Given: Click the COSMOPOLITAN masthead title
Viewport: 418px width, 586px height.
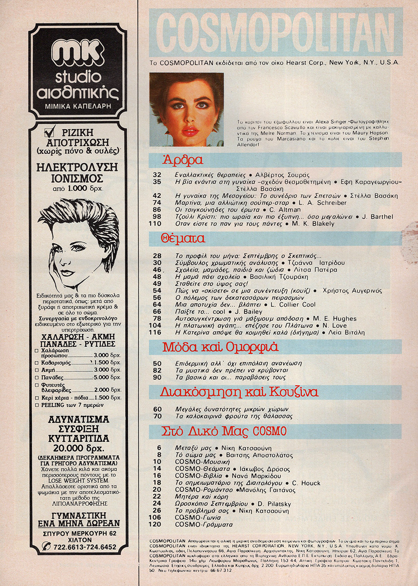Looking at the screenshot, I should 276,33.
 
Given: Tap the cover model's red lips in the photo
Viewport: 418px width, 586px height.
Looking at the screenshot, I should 189,131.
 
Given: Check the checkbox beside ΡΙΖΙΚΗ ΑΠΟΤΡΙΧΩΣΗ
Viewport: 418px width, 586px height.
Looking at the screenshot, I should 50,132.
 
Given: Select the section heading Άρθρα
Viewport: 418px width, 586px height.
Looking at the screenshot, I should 183,160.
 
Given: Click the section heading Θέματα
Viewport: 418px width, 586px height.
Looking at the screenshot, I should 183,238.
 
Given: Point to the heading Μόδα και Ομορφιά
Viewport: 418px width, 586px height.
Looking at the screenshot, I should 220,347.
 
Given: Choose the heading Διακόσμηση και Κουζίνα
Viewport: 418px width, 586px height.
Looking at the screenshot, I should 239,392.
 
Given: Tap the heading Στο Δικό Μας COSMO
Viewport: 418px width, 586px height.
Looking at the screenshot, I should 224,431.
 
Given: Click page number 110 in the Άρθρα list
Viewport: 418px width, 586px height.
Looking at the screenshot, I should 155,224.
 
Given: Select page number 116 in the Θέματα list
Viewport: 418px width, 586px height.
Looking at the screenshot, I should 155,333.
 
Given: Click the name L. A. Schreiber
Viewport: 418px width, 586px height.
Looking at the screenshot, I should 323,203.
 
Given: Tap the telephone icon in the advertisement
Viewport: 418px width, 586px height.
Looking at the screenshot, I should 46,546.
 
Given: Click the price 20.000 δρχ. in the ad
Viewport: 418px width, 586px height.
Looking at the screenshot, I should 78,448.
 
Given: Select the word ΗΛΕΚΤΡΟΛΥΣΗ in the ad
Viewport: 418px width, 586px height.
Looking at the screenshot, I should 77,167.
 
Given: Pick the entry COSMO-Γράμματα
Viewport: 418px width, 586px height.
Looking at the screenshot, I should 204,525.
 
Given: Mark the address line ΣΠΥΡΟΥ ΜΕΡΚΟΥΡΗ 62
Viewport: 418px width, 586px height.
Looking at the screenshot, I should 79,533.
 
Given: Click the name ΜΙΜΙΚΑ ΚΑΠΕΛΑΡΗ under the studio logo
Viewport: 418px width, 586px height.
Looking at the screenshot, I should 78,106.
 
